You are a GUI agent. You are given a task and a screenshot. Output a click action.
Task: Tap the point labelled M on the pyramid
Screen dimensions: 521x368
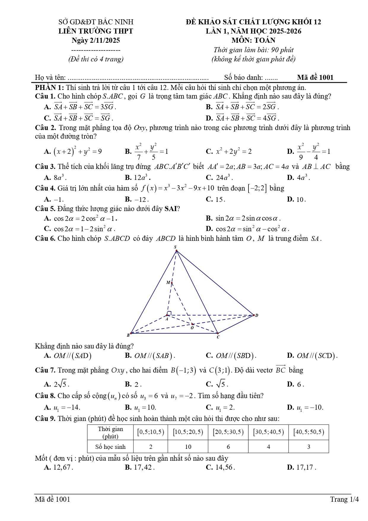[172, 283]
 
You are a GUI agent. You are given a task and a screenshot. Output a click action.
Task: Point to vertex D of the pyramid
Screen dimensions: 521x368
[254, 315]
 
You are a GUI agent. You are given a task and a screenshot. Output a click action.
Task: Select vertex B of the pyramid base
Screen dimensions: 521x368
[131, 333]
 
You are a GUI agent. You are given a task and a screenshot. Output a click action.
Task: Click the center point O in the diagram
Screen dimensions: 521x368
[192, 324]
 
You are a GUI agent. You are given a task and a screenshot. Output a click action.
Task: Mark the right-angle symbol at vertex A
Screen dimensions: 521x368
[169, 313]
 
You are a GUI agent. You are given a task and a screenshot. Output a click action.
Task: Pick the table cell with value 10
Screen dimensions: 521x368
[188, 447]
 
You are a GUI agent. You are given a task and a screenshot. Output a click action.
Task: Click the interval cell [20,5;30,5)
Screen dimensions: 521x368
[228, 432]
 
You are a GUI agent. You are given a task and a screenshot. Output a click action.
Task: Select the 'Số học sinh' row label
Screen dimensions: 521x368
[110, 447]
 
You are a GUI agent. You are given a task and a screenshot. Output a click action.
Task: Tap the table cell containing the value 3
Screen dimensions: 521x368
[309, 447]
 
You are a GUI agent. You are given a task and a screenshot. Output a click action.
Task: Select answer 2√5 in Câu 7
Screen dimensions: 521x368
[61, 384]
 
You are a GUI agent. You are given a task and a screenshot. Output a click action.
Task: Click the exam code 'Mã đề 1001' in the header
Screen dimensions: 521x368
[315, 77]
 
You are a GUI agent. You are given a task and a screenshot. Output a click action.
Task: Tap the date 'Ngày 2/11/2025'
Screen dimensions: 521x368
[96, 40]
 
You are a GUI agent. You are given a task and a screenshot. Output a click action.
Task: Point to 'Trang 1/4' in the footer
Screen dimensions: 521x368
[344, 499]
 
